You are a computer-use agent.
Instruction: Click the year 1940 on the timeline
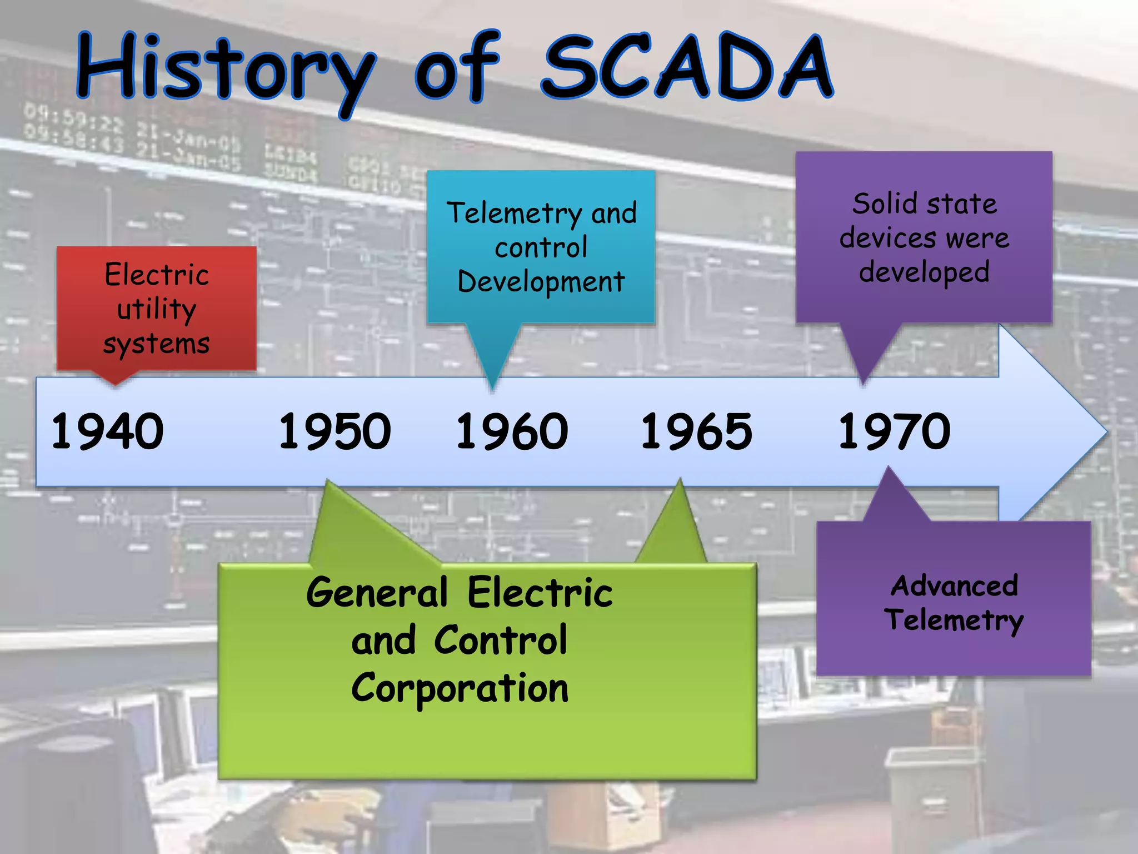(107, 431)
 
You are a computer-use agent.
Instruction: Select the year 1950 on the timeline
(335, 431)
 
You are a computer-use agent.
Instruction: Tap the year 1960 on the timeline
(512, 431)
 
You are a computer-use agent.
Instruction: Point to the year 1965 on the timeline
(696, 431)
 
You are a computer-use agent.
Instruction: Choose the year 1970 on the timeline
(894, 431)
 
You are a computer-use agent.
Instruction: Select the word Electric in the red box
(157, 275)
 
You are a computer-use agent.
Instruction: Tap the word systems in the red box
(157, 344)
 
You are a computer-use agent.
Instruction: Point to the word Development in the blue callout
(541, 282)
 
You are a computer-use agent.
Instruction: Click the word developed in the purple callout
(924, 272)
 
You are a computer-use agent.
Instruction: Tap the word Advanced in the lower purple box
(954, 585)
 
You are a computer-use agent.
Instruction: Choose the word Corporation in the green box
(460, 688)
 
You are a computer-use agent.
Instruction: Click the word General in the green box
(377, 592)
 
